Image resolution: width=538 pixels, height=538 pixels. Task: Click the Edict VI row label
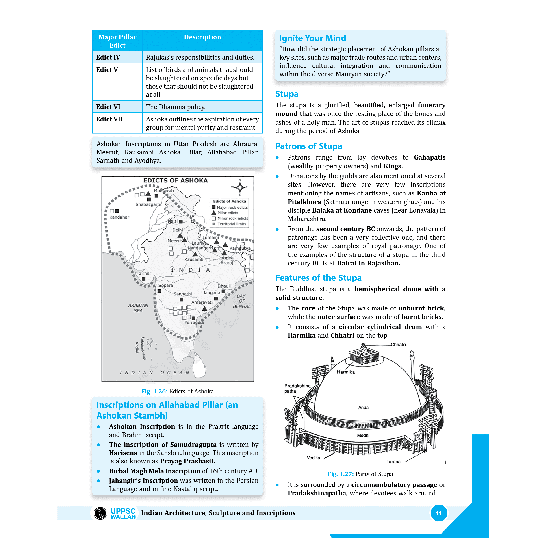(x=108, y=107)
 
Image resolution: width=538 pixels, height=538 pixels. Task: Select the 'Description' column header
(x=202, y=37)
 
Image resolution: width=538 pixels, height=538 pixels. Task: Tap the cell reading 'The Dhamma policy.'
(x=176, y=107)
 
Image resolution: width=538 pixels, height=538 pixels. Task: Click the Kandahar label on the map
(x=119, y=217)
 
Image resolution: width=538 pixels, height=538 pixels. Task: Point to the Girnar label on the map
(x=145, y=273)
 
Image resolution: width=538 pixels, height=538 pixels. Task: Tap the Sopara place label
(x=165, y=285)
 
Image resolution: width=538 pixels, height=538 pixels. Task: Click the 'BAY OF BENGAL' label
(x=241, y=301)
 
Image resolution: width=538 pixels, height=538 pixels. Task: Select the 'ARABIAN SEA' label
(x=138, y=308)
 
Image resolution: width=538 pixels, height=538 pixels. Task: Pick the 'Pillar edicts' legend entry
(x=228, y=213)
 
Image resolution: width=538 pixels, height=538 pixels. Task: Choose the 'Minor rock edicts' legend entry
(x=232, y=218)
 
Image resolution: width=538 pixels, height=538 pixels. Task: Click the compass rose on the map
(x=239, y=187)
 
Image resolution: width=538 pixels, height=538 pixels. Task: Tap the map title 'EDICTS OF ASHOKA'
(x=176, y=180)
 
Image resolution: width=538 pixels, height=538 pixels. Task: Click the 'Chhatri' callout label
(x=398, y=345)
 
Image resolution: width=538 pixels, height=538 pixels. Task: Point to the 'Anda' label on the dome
(x=363, y=407)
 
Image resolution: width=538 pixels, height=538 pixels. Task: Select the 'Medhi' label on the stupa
(x=363, y=435)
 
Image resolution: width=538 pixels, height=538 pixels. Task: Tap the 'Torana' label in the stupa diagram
(x=393, y=461)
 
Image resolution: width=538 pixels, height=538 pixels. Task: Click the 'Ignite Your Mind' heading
(x=312, y=38)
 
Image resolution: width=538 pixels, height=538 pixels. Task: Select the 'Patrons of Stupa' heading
(x=308, y=146)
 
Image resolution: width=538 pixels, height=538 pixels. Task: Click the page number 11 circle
(x=439, y=513)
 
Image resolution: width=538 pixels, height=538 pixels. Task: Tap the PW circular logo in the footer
(x=100, y=513)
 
